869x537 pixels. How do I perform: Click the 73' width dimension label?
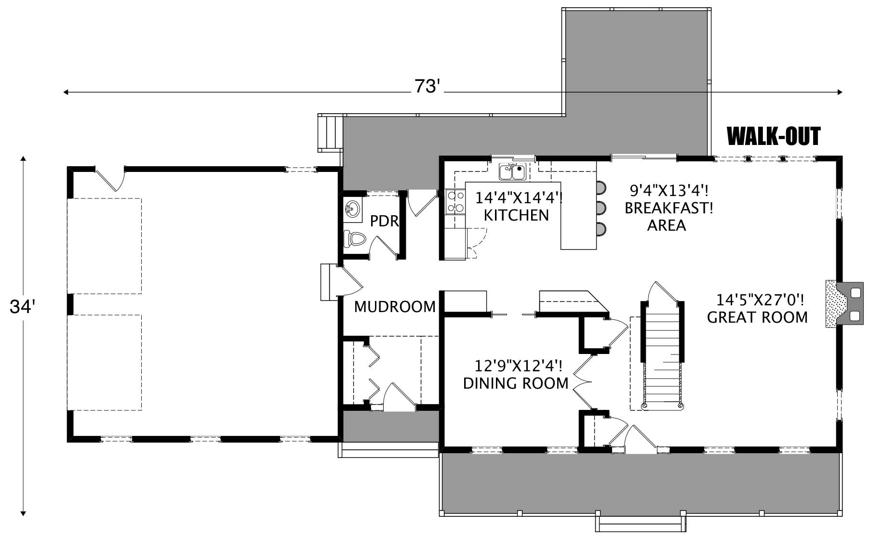click(x=427, y=87)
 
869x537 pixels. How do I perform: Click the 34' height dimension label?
click(x=23, y=307)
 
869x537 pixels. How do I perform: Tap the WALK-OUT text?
click(x=773, y=136)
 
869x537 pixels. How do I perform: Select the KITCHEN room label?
click(x=516, y=215)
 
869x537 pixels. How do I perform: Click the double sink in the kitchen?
click(x=512, y=171)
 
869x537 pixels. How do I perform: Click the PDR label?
click(x=384, y=221)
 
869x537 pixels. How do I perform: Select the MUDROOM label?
click(x=395, y=307)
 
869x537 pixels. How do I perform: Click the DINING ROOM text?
click(x=516, y=383)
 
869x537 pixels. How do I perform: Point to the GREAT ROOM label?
click(x=757, y=317)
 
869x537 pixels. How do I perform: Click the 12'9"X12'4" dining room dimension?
click(x=518, y=367)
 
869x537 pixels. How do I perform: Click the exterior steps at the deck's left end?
click(x=330, y=132)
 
